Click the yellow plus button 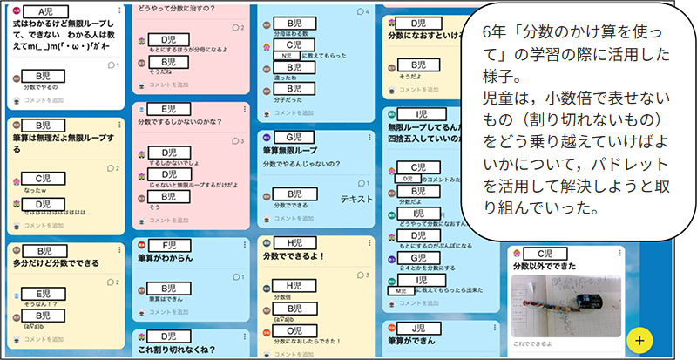pyautogui.click(x=639, y=338)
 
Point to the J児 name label pyautogui.click(x=417, y=329)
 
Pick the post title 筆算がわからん pyautogui.click(x=166, y=258)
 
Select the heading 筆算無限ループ pyautogui.click(x=292, y=150)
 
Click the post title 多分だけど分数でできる pyautogui.click(x=57, y=262)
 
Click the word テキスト pyautogui.click(x=356, y=200)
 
